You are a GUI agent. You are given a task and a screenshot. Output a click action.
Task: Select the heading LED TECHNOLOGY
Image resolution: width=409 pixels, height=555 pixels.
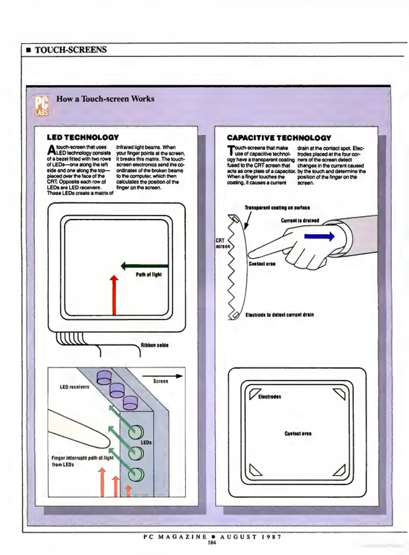83,137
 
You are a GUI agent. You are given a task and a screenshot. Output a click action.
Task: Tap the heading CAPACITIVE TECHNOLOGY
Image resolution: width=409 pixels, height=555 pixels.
279,138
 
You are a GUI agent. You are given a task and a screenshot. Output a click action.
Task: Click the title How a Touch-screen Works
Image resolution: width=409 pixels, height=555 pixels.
105,99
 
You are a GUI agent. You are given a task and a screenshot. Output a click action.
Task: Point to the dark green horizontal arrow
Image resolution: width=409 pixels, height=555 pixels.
145,266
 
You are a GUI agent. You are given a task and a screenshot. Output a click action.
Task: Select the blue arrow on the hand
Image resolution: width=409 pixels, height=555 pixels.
319,236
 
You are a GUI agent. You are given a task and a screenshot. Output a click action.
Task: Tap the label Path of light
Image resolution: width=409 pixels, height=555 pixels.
149,275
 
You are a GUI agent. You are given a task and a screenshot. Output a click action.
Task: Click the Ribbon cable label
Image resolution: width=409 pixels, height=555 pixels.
155,345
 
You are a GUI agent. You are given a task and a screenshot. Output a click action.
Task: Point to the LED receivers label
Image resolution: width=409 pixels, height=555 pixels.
75,387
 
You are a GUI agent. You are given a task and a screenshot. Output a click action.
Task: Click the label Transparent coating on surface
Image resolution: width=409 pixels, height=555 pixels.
277,208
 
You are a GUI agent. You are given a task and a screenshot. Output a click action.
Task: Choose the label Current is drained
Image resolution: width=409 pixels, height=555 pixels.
300,220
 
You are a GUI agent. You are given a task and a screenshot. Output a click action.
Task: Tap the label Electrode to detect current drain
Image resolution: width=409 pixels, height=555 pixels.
280,315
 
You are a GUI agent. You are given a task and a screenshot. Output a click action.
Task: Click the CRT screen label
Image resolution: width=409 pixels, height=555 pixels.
222,243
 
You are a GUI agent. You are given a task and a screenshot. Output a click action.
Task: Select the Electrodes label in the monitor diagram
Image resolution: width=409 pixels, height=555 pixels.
270,397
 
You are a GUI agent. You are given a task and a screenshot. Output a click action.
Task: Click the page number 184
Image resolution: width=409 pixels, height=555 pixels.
212,543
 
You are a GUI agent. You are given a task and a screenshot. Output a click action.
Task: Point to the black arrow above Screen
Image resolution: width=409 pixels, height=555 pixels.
162,376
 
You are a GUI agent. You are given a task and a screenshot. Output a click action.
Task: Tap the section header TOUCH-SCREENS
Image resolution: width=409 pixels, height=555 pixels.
71,50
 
